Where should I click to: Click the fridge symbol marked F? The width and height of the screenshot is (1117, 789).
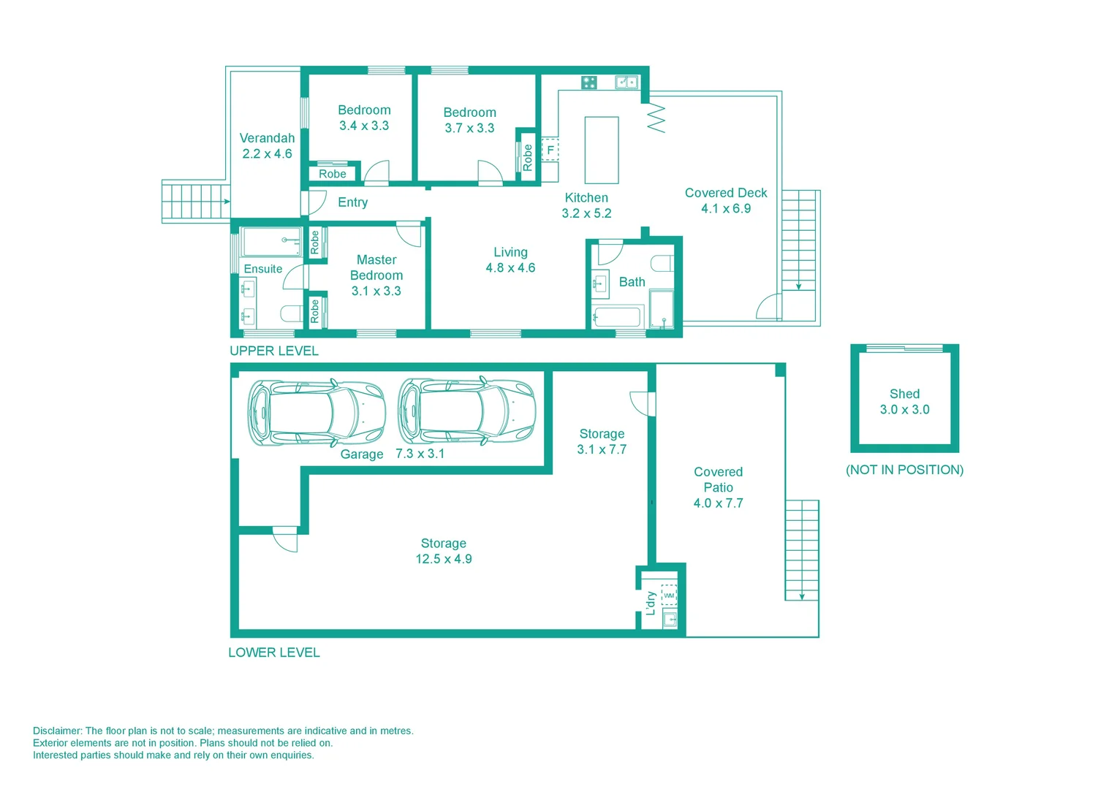point(550,150)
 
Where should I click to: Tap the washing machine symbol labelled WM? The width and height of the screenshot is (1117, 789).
point(669,595)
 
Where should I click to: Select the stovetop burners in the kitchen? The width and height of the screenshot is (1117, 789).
point(589,83)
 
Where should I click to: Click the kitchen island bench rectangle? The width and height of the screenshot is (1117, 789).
point(602,150)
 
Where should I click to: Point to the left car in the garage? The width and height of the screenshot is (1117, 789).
point(316,412)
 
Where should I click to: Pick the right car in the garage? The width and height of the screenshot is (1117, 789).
point(466,411)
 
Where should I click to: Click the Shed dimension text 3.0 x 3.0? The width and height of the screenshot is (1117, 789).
point(904,410)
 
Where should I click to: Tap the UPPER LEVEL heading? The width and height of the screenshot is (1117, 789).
point(274,351)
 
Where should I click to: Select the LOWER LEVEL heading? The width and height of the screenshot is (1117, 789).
point(274,652)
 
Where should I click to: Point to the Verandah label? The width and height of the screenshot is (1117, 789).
point(267,138)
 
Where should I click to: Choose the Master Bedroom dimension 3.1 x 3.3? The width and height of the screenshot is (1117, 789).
point(376,291)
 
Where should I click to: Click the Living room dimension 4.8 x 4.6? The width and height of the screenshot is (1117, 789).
point(510,268)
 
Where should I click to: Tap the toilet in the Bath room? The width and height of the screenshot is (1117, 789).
point(662,263)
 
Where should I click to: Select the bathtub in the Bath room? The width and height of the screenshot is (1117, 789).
point(618,317)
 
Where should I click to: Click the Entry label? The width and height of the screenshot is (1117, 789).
point(352,202)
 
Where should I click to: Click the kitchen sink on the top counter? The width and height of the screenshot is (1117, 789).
point(626,83)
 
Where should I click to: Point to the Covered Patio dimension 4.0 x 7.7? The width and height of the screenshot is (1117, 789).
point(718,503)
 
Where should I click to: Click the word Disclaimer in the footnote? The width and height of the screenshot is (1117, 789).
point(57,731)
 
